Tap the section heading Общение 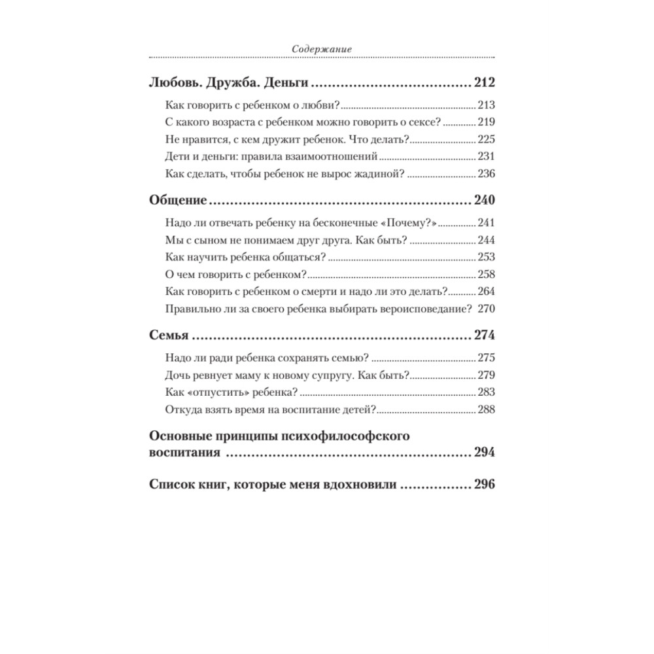(x=178, y=200)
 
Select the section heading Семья (x=169, y=336)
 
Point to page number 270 (x=487, y=307)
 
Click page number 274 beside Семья (x=484, y=336)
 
